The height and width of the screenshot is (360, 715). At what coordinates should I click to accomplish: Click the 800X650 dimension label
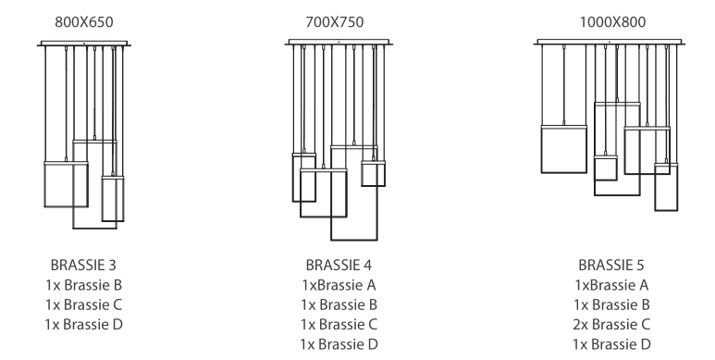coord(84,22)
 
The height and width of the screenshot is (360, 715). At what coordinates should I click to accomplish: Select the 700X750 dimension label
coord(334,22)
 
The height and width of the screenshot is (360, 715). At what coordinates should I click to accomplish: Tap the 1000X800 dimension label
coord(612,22)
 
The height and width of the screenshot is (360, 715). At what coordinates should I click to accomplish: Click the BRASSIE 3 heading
coord(83,265)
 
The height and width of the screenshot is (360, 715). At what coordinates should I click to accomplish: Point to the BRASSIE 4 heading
coord(339,265)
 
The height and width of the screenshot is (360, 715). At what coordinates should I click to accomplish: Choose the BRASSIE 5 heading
coord(611,265)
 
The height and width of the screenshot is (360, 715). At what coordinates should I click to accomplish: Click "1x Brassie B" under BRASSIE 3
coord(84,285)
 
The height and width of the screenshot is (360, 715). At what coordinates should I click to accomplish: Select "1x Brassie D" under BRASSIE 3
coord(84,325)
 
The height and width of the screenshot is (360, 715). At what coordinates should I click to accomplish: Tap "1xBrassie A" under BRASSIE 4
coord(339,285)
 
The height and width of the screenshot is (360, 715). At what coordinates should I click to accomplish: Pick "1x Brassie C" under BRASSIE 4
coord(339,325)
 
